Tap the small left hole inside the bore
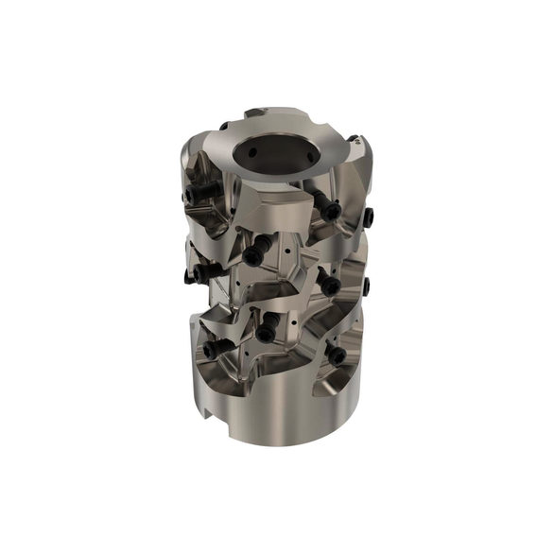click(254, 148)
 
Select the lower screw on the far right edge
click(365, 285)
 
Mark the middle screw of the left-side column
click(194, 274)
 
